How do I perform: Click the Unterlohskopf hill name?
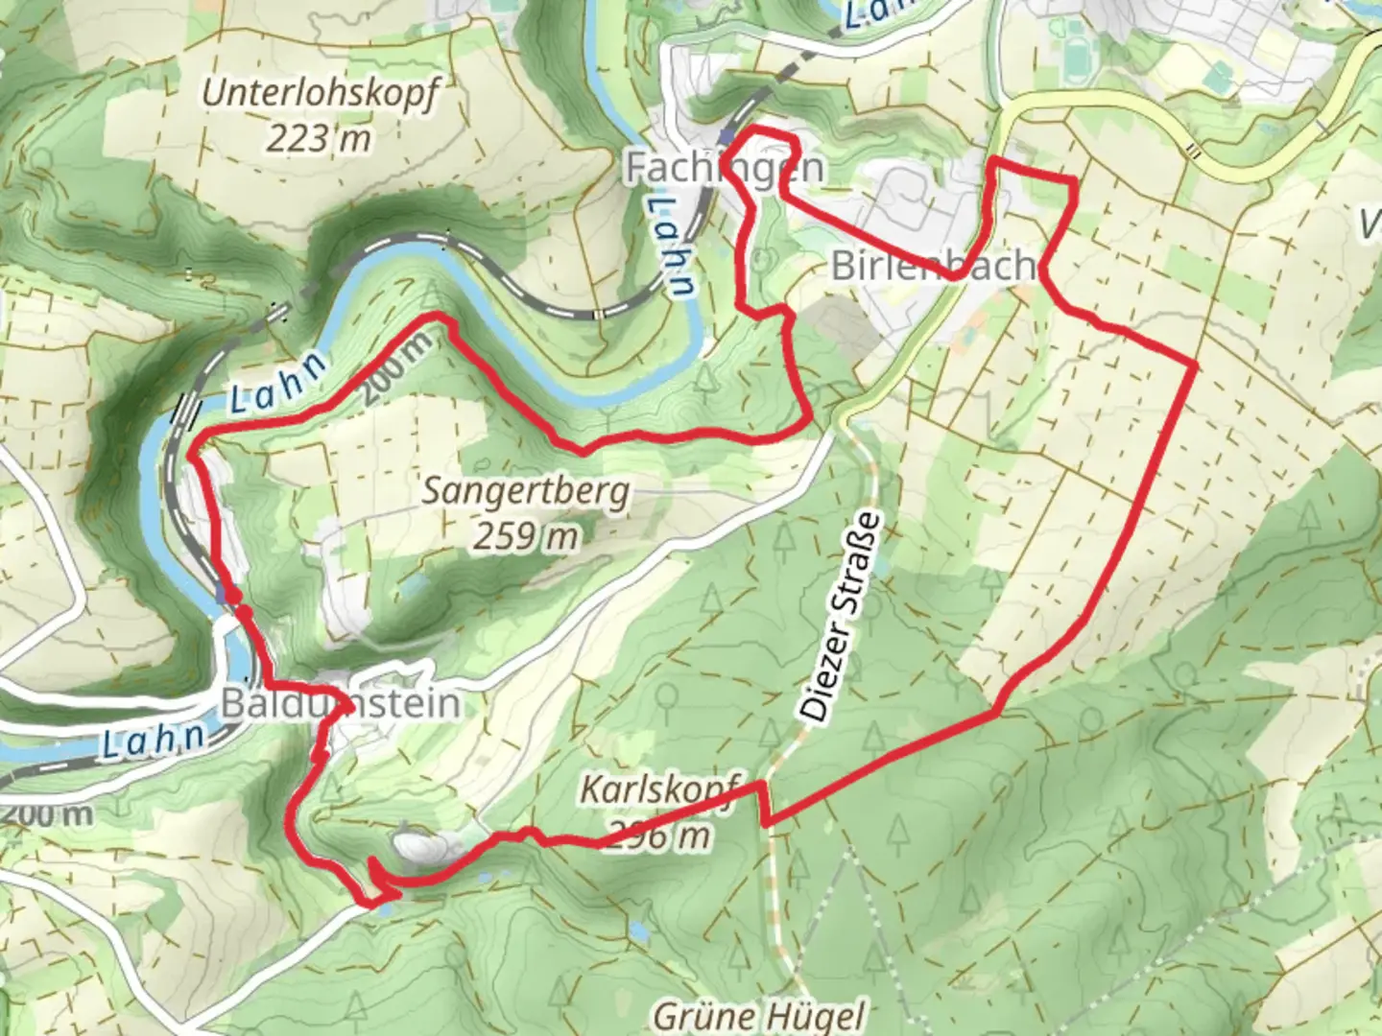320,94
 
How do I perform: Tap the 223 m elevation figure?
318,139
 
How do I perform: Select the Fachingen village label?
724,168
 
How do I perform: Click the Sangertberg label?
526,491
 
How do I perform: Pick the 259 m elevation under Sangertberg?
525,536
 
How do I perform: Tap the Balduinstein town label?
340,703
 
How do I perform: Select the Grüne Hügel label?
758,1014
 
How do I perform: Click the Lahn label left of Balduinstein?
154,740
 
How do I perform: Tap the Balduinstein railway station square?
226,595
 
